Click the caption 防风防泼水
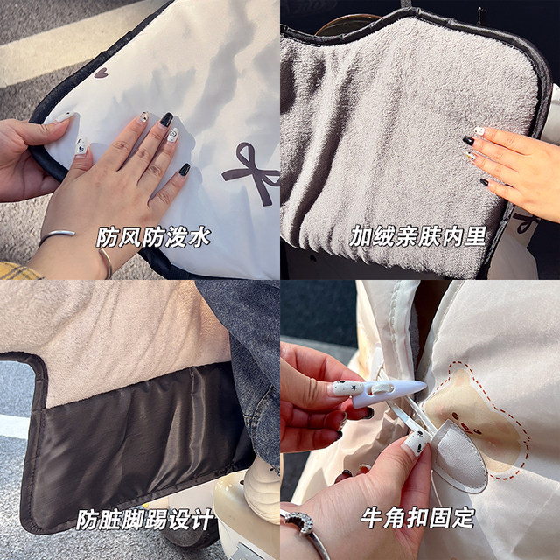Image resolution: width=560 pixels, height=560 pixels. click(153, 236)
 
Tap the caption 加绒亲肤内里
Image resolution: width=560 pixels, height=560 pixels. click(417, 236)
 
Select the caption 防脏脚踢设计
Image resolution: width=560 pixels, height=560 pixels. click(145, 521)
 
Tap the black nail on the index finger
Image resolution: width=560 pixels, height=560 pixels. click(166, 119)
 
